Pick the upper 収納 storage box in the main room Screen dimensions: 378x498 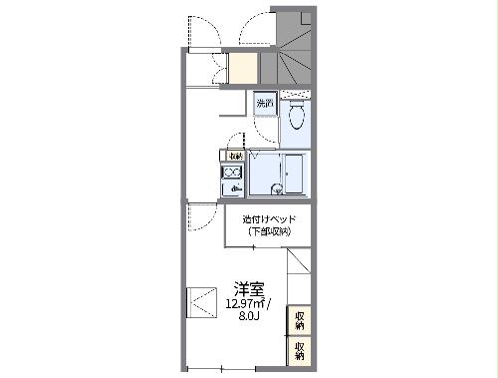[299, 320]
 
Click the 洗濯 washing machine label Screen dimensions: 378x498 [265, 104]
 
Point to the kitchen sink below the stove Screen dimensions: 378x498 [234, 188]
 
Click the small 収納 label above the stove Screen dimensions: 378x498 [235, 156]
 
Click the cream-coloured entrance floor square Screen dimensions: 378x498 [243, 69]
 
